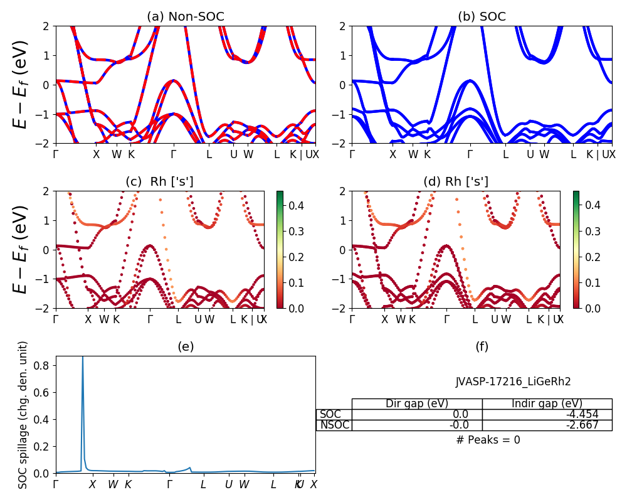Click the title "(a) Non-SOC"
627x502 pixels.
185,16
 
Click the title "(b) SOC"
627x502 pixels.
482,16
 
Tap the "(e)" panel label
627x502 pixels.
185,346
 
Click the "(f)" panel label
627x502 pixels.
482,346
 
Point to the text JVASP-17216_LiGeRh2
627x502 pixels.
513,382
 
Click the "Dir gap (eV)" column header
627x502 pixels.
416,403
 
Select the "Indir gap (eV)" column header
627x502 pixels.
547,403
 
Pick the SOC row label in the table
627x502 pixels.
330,414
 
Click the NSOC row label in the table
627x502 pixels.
334,425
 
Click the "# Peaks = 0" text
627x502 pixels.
488,440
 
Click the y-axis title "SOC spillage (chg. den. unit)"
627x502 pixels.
23,415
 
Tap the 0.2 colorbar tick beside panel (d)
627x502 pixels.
586,257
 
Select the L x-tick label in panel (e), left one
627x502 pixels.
203,484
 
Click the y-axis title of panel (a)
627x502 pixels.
21,85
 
